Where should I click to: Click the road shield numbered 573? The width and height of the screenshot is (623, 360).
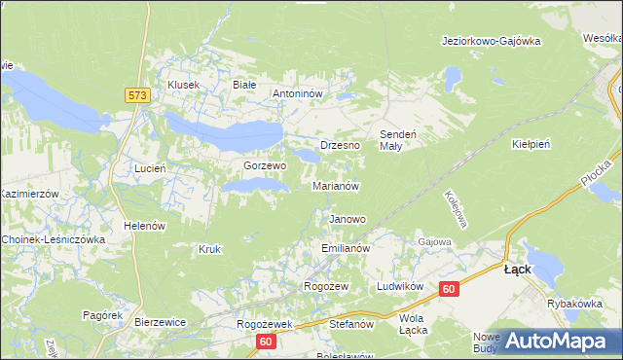point(136,95)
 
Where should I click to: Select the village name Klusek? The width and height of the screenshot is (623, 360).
point(183,85)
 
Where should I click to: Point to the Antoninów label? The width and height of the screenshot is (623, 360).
point(303,94)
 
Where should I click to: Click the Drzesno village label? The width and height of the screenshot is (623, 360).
point(340,145)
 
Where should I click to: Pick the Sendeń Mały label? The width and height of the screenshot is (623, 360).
point(397,139)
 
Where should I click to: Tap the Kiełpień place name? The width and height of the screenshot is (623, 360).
point(531,143)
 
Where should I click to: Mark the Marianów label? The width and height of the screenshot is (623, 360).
point(337,185)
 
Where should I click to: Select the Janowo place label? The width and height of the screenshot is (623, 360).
point(348,219)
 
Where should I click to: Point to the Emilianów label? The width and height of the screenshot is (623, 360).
point(346,249)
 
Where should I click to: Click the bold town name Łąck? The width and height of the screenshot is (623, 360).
point(517,270)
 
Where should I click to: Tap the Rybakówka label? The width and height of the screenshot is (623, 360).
point(575,303)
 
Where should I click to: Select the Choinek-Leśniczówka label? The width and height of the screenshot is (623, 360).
point(54,238)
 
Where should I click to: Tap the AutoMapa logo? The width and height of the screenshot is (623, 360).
point(554,341)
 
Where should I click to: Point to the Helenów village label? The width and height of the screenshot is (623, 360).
point(142,226)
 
